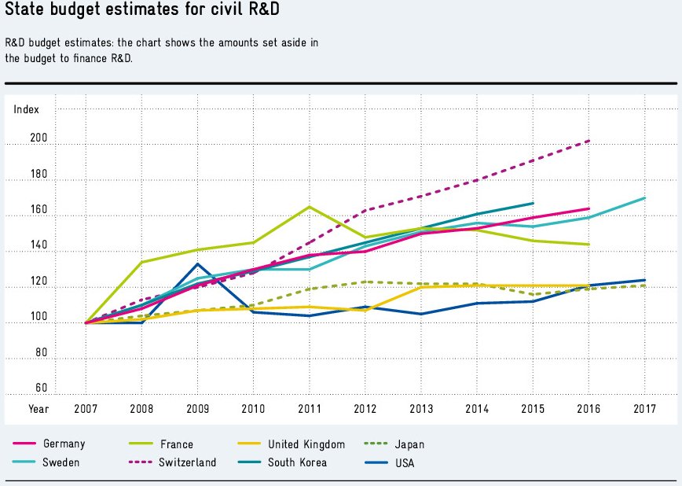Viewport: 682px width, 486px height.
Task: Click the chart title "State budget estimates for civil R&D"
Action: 142,12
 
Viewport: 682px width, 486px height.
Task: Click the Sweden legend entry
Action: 61,462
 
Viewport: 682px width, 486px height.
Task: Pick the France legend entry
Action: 174,444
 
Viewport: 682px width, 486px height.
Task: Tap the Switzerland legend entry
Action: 185,462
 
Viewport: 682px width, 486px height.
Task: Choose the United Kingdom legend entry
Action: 306,444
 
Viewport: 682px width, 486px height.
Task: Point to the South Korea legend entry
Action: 297,462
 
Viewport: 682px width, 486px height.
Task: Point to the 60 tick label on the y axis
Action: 42,388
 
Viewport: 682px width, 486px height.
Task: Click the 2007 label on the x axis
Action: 86,409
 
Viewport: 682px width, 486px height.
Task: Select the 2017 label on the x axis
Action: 644,409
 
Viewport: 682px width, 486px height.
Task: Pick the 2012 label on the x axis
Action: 365,409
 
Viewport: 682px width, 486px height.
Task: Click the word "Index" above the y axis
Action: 26,109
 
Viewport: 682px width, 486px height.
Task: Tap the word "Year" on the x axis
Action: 38,409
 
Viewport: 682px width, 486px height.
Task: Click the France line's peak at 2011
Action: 309,207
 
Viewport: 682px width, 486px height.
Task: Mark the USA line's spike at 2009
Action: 197,264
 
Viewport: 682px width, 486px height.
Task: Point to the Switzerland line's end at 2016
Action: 588,141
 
